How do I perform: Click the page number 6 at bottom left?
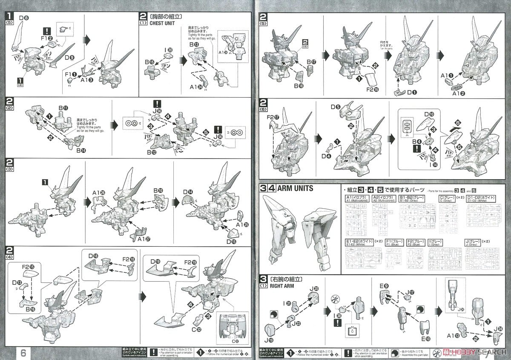click(x=23, y=353)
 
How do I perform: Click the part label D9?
click(x=69, y=57)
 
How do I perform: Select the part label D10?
click(x=429, y=114)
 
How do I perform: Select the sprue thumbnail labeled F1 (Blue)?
click(x=394, y=258)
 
